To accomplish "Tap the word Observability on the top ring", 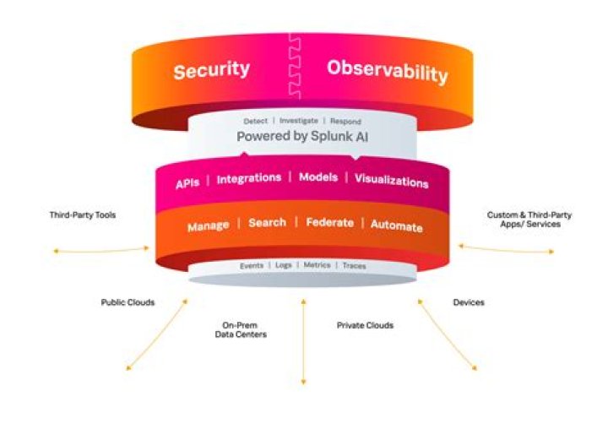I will pyautogui.click(x=387, y=72).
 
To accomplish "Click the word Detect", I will pyautogui.click(x=256, y=121).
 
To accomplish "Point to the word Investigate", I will pyautogui.click(x=299, y=121).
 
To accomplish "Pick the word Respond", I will pyautogui.click(x=345, y=121).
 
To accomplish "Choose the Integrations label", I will pyautogui.click(x=249, y=179).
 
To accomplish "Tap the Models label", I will pyautogui.click(x=318, y=178).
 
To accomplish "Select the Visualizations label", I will pyautogui.click(x=391, y=182).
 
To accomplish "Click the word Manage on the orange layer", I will pyautogui.click(x=209, y=226).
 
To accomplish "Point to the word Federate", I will pyautogui.click(x=329, y=224).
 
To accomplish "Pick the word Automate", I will pyautogui.click(x=396, y=226).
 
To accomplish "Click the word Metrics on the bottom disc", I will pyautogui.click(x=318, y=266).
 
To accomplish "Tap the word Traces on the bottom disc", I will pyautogui.click(x=355, y=266).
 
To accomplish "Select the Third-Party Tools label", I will pyautogui.click(x=83, y=215).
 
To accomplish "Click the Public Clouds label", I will pyautogui.click(x=128, y=301).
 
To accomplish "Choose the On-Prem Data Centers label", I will pyautogui.click(x=240, y=330).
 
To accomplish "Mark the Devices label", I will pyautogui.click(x=469, y=301).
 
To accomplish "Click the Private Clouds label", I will pyautogui.click(x=365, y=324).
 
